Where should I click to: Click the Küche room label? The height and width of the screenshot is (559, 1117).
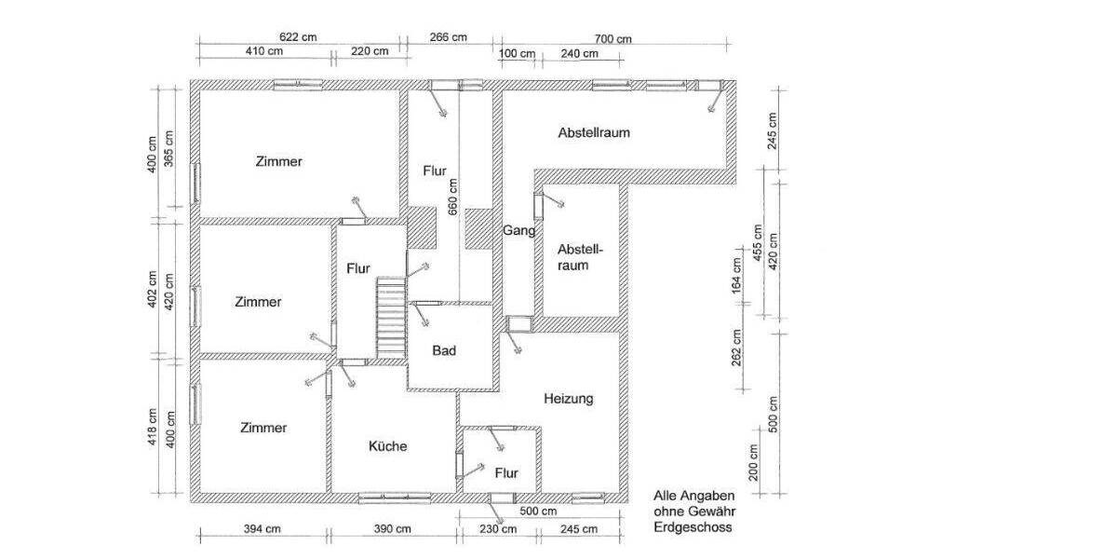click(x=387, y=446)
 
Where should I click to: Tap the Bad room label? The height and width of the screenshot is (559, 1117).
click(x=443, y=351)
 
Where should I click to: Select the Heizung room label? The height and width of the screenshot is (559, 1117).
click(x=568, y=399)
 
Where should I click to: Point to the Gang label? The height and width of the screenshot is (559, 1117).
click(x=518, y=231)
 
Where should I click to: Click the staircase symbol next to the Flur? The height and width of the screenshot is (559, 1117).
click(x=391, y=317)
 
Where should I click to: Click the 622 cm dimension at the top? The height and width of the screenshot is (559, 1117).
click(x=298, y=37)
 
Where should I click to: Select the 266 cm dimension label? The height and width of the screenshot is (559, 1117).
click(x=448, y=37)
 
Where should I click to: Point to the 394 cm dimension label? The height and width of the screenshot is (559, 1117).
click(x=262, y=529)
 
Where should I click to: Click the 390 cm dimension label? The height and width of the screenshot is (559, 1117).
click(x=392, y=529)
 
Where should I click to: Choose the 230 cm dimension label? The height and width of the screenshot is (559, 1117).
click(x=497, y=529)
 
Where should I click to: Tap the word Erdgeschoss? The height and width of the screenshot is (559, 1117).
click(x=693, y=526)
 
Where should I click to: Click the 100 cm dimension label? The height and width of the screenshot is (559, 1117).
click(x=517, y=53)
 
